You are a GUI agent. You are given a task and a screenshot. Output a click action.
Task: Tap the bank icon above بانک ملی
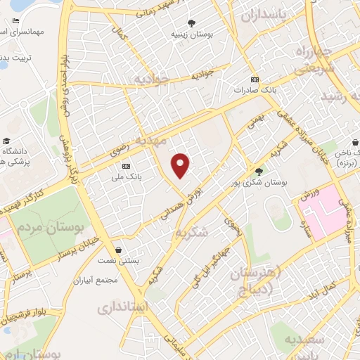[x=126, y=166]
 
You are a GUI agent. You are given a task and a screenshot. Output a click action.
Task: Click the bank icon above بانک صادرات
[x=255, y=79]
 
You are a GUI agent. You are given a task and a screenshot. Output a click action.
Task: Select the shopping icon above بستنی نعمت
[x=118, y=250]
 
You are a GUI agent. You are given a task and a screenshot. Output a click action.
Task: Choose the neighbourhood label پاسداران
[x=265, y=15]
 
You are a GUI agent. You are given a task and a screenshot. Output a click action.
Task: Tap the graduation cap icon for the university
[x=6, y=141]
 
